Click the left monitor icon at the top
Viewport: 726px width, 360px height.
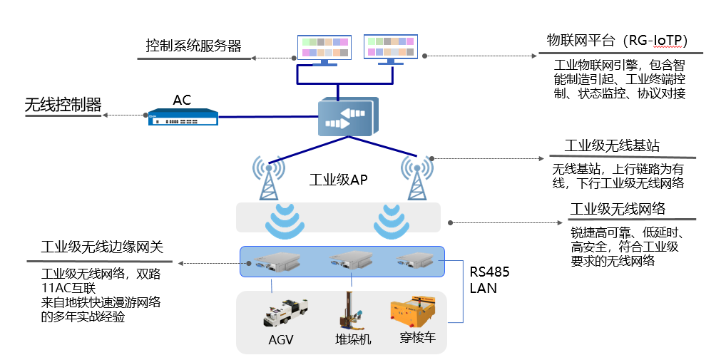tap(324, 48)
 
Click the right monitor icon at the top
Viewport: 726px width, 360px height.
tap(390, 47)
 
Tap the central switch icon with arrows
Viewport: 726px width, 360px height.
tap(345, 117)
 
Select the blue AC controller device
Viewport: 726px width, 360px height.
tap(182, 117)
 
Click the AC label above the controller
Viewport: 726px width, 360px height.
tap(182, 100)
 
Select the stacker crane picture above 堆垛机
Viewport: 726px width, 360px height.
tap(349, 310)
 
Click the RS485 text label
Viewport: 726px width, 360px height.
tap(489, 272)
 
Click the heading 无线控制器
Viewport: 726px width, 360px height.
tap(63, 105)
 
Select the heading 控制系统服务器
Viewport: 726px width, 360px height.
tap(193, 46)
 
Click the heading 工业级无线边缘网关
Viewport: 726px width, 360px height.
tap(103, 247)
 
